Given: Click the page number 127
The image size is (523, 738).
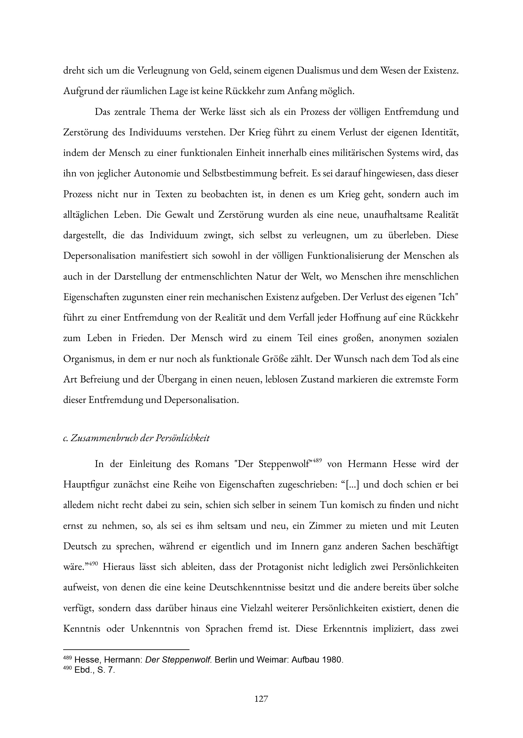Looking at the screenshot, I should (261, 699).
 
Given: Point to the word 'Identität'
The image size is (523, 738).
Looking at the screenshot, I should (439, 132).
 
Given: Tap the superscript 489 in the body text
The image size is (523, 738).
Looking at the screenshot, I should (317, 461).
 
